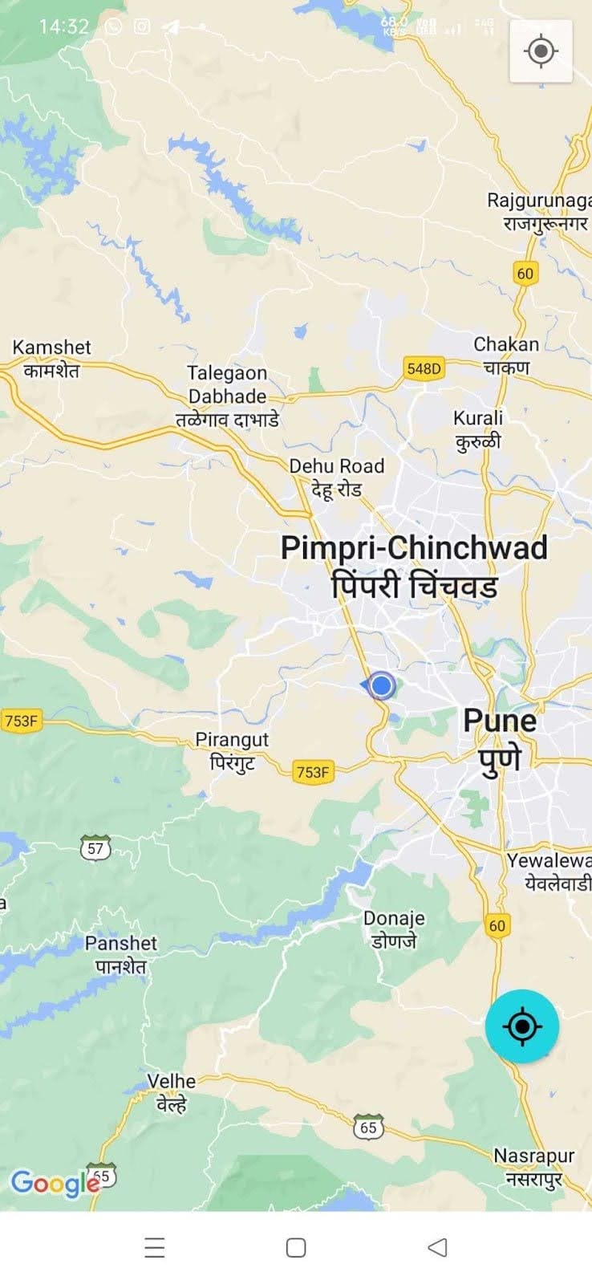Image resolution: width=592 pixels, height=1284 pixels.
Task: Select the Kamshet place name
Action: (x=51, y=358)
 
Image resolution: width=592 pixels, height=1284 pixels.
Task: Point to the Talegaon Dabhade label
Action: (x=227, y=396)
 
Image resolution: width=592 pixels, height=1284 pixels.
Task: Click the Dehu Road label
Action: (x=336, y=477)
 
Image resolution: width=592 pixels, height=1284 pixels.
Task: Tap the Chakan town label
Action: (x=506, y=355)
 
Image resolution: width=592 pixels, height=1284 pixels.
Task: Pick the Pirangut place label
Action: (x=232, y=750)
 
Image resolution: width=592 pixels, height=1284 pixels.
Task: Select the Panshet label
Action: (x=121, y=954)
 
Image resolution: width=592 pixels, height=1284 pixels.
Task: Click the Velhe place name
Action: (x=171, y=1092)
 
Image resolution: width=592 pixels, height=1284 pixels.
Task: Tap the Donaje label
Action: (x=394, y=928)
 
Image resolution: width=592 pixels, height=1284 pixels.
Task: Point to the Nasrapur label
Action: (x=534, y=1166)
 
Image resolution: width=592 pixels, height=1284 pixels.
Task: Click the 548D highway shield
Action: (x=424, y=368)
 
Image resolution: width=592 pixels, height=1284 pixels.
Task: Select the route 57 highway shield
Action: (x=95, y=847)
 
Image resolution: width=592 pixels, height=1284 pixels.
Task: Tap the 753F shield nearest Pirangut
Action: (x=312, y=772)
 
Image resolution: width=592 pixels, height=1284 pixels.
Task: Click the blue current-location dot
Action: (x=382, y=685)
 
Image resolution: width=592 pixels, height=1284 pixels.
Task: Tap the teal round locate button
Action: (x=522, y=1026)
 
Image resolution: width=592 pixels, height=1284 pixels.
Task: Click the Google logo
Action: (x=54, y=1183)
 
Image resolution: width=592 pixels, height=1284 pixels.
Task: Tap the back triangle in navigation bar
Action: (x=437, y=1247)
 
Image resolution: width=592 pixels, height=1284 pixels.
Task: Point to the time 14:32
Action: (x=63, y=26)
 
